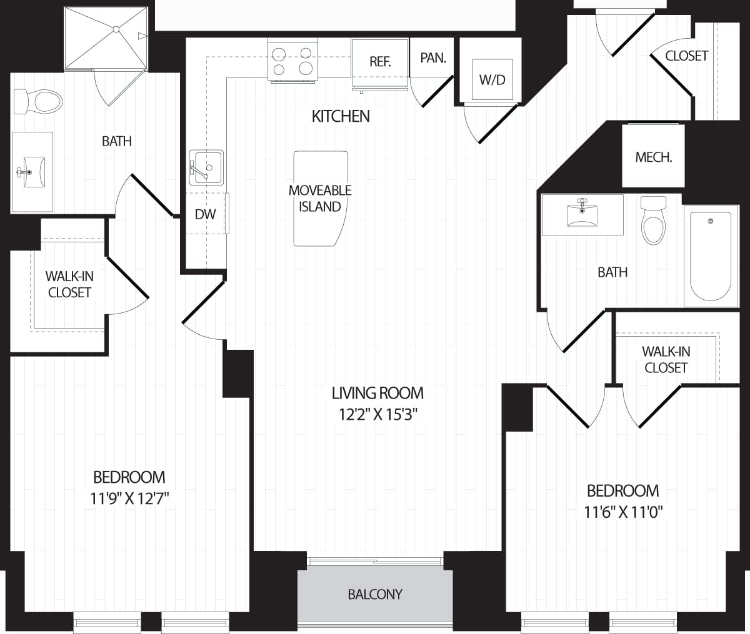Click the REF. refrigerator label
380,61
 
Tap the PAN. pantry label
433,58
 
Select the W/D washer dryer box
492,79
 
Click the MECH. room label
653,157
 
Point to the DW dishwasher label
205,214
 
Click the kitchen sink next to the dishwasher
206,167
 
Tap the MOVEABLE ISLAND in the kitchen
320,199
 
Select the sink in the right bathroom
582,214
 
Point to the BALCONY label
375,594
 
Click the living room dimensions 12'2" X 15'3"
377,414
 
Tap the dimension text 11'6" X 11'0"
622,512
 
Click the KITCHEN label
341,116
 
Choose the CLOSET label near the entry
686,56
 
